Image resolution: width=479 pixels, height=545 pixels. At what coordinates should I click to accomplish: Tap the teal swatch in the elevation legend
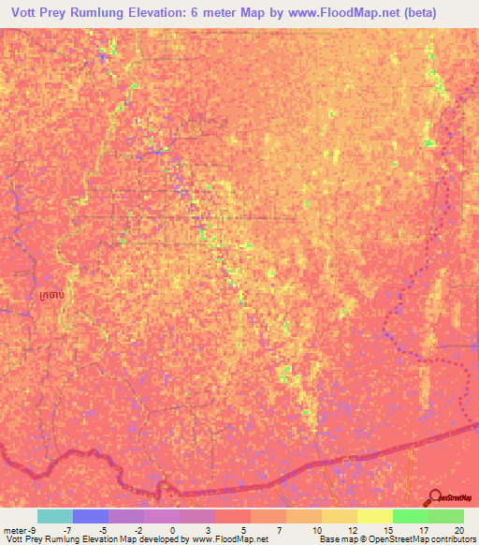coord(55,516)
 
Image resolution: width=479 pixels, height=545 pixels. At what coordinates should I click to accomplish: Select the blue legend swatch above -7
coord(91,516)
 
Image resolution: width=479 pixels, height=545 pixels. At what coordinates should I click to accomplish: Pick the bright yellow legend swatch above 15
coord(375,516)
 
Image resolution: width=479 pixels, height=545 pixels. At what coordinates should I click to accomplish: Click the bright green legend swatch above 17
coord(411,516)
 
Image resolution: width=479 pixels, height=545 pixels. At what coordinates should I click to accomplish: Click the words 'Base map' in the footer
coord(336,539)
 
